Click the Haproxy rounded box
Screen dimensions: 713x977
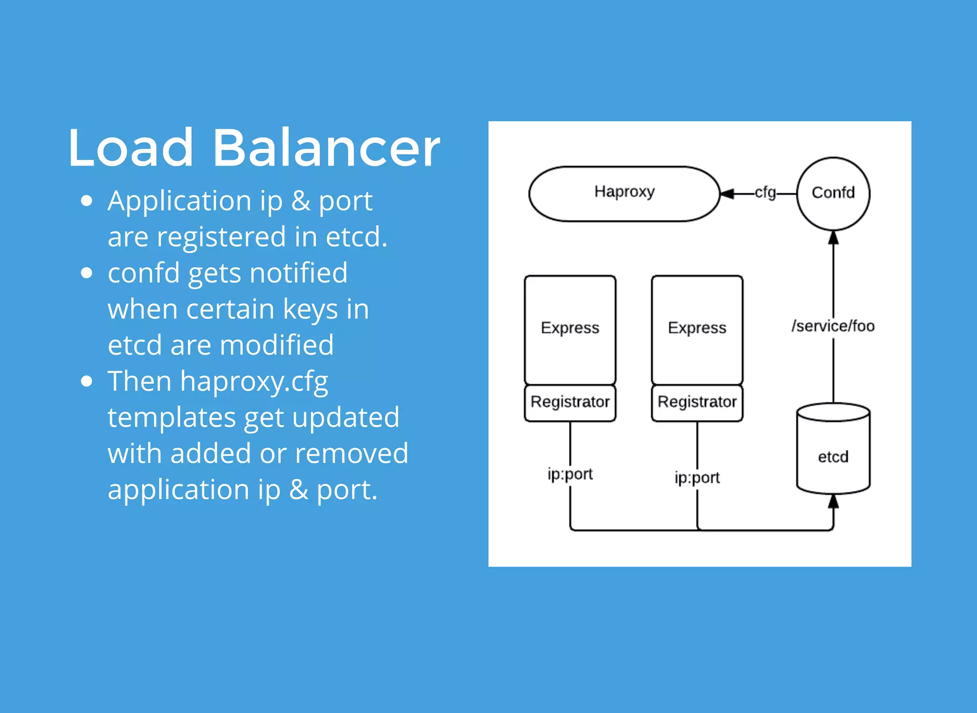point(624,193)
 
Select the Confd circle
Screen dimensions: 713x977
point(833,193)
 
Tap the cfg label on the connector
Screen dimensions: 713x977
point(765,192)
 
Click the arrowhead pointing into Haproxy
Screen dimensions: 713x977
point(727,194)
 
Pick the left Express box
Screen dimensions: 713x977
point(570,329)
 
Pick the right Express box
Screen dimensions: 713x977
point(697,329)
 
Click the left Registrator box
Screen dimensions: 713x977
point(570,402)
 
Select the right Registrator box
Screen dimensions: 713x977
point(697,402)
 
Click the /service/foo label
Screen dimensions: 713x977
point(833,326)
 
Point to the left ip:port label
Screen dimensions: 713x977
point(570,474)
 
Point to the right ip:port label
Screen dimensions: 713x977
point(697,478)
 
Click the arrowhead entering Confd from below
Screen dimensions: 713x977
point(833,237)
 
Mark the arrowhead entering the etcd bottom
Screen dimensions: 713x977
point(833,501)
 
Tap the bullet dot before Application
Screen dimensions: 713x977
point(86,200)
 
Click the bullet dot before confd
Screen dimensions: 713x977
point(86,273)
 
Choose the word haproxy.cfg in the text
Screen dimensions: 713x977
point(254,382)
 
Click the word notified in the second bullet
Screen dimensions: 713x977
point(299,273)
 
